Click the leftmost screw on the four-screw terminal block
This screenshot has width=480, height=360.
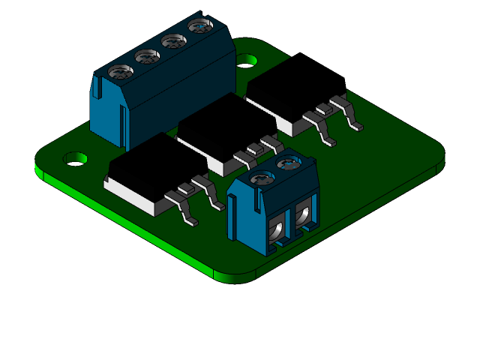coord(121,72)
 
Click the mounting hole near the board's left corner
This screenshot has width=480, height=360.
coord(75,159)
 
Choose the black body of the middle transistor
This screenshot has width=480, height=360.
coord(217,127)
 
